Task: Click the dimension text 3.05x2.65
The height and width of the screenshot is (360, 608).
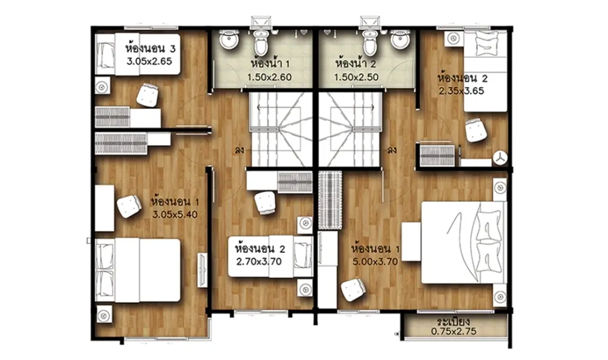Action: [x=150, y=61]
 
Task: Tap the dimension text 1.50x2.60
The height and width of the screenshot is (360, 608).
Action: [x=269, y=77]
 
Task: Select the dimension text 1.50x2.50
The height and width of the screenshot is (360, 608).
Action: [x=356, y=77]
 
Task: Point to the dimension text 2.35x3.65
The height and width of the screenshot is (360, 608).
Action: [x=461, y=91]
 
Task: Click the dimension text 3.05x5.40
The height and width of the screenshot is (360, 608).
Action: [x=175, y=214]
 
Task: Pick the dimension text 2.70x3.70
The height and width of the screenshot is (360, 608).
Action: [x=259, y=261]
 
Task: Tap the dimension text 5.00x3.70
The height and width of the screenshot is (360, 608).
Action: [x=375, y=261]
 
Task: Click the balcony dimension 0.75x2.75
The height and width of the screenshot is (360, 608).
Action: [x=454, y=331]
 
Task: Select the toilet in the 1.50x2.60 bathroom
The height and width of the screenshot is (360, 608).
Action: [x=261, y=43]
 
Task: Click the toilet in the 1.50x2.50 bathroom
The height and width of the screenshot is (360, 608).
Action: [x=370, y=43]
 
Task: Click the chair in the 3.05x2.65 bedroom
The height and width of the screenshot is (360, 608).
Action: [x=148, y=95]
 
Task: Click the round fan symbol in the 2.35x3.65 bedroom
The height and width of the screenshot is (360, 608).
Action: [x=500, y=158]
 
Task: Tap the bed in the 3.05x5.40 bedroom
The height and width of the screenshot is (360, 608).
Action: [x=139, y=270]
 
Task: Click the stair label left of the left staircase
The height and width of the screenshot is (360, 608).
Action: [x=239, y=150]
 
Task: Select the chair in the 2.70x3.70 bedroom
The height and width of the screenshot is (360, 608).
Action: [x=266, y=203]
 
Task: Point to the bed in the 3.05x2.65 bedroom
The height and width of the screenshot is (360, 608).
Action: [x=138, y=54]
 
